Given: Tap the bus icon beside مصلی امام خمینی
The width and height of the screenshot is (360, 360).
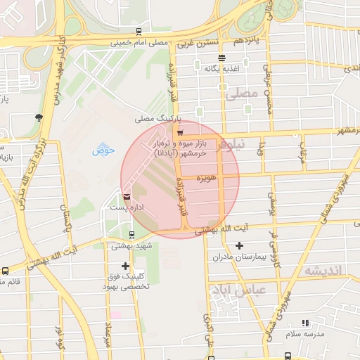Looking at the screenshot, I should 139,32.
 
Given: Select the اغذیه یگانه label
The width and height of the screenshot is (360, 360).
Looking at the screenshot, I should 222,69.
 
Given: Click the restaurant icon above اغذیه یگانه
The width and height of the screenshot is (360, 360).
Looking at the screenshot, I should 222,58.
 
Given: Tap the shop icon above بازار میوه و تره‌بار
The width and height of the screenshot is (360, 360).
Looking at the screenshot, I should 181,133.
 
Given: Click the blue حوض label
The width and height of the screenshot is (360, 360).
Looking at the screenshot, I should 103,150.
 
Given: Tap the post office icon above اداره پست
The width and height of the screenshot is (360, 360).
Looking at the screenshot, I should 126,197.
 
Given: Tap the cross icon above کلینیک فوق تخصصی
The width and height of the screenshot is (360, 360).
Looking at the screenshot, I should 125,266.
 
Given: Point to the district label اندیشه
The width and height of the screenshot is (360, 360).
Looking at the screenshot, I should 323,271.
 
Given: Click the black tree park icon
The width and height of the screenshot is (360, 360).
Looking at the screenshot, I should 38,117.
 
